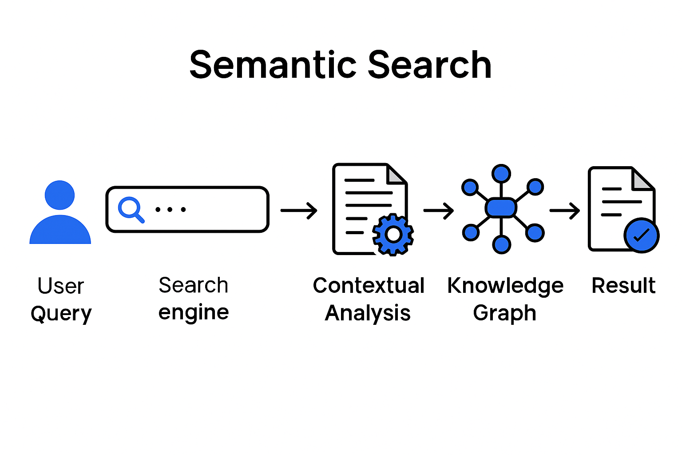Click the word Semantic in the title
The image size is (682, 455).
[x=273, y=65]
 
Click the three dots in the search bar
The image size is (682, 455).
[x=170, y=209]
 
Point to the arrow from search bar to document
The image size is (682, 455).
[x=299, y=210]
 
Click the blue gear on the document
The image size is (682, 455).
[x=393, y=234]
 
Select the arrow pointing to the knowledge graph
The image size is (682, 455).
[x=438, y=210]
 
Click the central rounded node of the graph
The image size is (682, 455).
[x=501, y=208]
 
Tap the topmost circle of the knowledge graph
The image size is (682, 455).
[x=501, y=173]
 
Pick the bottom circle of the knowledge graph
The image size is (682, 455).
[x=501, y=244]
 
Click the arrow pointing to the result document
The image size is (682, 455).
[x=564, y=210]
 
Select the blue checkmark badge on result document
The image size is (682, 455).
[x=641, y=235]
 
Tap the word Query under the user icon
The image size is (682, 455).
[x=61, y=314]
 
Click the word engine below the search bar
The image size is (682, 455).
[x=194, y=312]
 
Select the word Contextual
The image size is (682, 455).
[x=369, y=285]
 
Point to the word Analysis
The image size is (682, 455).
[x=368, y=313]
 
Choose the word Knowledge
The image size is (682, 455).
[x=505, y=285]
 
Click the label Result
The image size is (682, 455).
[x=623, y=285]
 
